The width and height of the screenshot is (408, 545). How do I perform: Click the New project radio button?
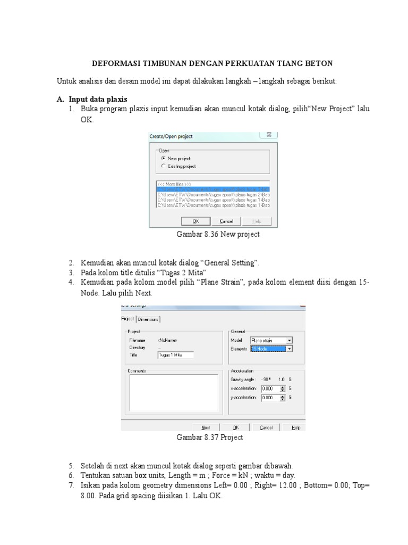[x=163, y=159]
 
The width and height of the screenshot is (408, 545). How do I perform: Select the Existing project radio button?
[x=163, y=167]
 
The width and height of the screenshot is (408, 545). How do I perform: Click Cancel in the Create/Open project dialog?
[x=226, y=221]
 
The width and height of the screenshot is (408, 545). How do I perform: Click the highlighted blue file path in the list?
[x=212, y=189]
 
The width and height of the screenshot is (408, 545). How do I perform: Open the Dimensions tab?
[x=148, y=319]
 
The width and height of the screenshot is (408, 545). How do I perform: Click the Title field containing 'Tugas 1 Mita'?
[x=175, y=354]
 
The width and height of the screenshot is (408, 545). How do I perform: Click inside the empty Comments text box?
[x=173, y=393]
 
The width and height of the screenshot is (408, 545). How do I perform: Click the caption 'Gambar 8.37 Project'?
[x=209, y=437]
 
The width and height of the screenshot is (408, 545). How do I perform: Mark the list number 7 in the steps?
[x=71, y=486]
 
